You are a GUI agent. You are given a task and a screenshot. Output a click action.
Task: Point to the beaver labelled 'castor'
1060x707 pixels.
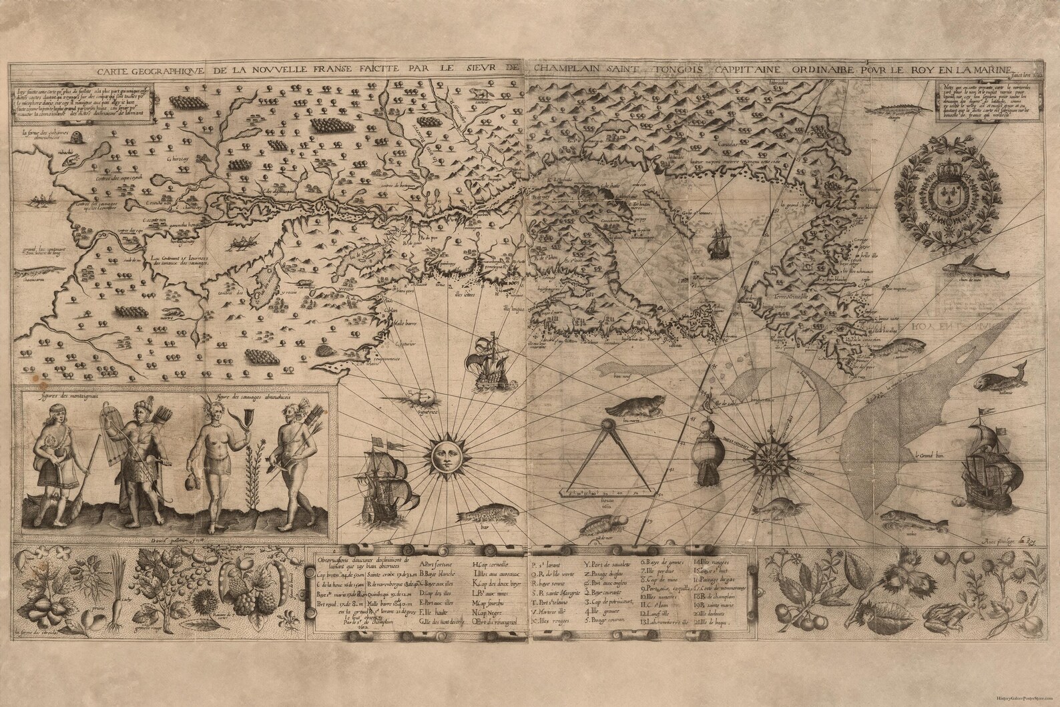point(478,93)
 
